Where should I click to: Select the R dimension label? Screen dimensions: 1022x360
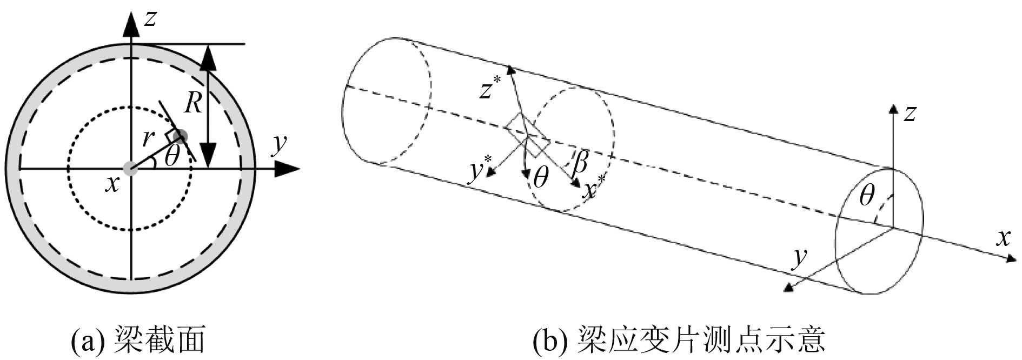[x=193, y=102]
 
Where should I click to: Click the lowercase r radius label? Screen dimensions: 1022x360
[x=147, y=139]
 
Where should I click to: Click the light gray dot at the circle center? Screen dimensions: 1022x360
[x=130, y=169]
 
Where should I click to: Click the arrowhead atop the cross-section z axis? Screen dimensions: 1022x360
[x=130, y=23]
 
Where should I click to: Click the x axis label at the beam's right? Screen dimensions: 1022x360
[x=1004, y=238]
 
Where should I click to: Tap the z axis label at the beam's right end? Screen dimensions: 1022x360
[x=910, y=114]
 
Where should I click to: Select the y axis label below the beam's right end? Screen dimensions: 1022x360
[x=798, y=259]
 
